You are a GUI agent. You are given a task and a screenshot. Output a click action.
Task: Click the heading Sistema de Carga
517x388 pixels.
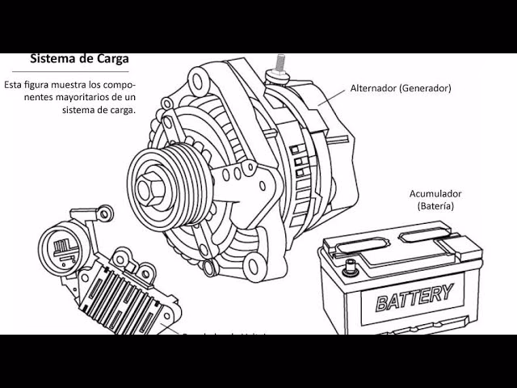pyautogui.click(x=79, y=59)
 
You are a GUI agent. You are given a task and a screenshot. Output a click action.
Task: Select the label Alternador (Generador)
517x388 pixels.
pyautogui.click(x=401, y=88)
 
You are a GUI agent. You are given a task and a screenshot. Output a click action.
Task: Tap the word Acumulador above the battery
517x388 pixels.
pyautogui.click(x=435, y=194)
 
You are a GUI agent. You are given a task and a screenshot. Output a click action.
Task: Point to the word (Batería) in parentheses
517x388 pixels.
pyautogui.click(x=435, y=206)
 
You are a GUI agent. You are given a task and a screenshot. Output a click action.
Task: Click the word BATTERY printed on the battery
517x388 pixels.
pyautogui.click(x=414, y=297)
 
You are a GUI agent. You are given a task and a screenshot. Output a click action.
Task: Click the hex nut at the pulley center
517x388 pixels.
pyautogui.click(x=148, y=188)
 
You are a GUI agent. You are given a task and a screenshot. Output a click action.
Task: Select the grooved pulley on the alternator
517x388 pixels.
pyautogui.click(x=166, y=186)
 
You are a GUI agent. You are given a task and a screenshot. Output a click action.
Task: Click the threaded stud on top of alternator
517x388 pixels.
pyautogui.click(x=282, y=63)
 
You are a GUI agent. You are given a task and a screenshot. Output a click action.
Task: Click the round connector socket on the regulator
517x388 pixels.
pyautogui.click(x=61, y=247)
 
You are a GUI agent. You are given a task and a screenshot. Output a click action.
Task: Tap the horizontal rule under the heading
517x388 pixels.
pyautogui.click(x=79, y=71)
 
